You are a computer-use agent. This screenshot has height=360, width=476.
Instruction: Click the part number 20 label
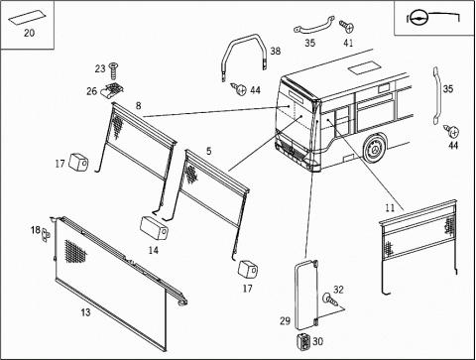[29, 33]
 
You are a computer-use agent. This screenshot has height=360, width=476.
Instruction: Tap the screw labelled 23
[113, 71]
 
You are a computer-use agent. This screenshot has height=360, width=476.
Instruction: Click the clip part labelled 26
[112, 91]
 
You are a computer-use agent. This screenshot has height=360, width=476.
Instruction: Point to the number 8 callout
[138, 106]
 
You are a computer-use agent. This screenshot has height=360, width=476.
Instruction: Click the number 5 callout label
[208, 151]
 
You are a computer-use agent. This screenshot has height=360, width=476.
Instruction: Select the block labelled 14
[154, 228]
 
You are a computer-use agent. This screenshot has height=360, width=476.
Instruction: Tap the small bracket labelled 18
[46, 235]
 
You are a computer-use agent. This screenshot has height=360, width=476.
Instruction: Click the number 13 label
[85, 312]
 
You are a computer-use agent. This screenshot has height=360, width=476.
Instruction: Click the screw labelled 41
[347, 27]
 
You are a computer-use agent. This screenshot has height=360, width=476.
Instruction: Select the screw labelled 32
[330, 300]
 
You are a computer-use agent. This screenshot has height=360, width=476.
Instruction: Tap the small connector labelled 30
[304, 341]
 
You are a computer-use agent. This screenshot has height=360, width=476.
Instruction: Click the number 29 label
[285, 320]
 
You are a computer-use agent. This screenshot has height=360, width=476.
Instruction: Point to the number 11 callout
[390, 208]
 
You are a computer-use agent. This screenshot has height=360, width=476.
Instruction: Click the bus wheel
[375, 150]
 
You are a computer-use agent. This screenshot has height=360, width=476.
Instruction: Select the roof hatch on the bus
[362, 68]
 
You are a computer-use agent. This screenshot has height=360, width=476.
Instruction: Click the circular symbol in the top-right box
[418, 19]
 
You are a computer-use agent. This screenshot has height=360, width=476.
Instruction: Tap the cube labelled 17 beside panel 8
[78, 163]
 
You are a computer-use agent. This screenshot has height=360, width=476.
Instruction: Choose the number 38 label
[276, 51]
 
